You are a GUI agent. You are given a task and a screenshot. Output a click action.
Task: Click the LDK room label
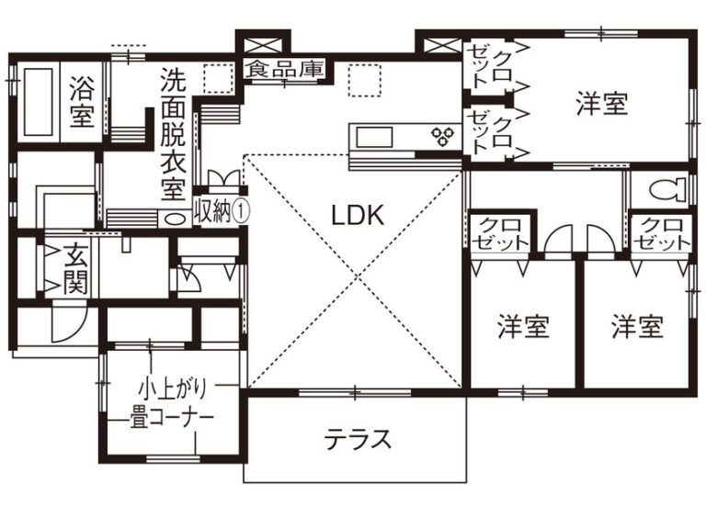tap(358, 215)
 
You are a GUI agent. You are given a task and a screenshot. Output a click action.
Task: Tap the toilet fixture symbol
tap(667, 189)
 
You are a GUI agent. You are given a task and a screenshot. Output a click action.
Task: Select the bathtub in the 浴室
tap(39, 102)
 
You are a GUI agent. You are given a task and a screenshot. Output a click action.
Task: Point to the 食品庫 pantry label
tap(285, 69)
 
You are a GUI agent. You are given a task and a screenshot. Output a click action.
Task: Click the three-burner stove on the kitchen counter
tap(443, 136)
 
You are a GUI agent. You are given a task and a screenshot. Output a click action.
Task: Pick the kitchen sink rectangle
tap(375, 137)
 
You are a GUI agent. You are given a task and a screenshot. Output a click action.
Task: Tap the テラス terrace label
tap(359, 439)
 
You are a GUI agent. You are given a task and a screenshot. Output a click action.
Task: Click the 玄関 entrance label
tap(75, 269)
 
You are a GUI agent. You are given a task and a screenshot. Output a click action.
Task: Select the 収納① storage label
tap(221, 211)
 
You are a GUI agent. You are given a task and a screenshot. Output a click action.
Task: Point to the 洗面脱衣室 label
tap(173, 135)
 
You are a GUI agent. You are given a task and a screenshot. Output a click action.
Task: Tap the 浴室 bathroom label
tap(82, 102)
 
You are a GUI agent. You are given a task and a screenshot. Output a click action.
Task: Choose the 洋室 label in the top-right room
tap(602, 104)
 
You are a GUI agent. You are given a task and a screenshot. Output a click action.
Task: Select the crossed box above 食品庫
tap(264, 45)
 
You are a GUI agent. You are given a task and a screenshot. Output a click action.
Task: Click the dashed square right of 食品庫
tap(365, 80)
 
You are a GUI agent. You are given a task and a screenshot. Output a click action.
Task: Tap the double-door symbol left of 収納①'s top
tap(223, 178)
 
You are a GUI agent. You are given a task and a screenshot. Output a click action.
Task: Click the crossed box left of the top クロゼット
tap(442, 45)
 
